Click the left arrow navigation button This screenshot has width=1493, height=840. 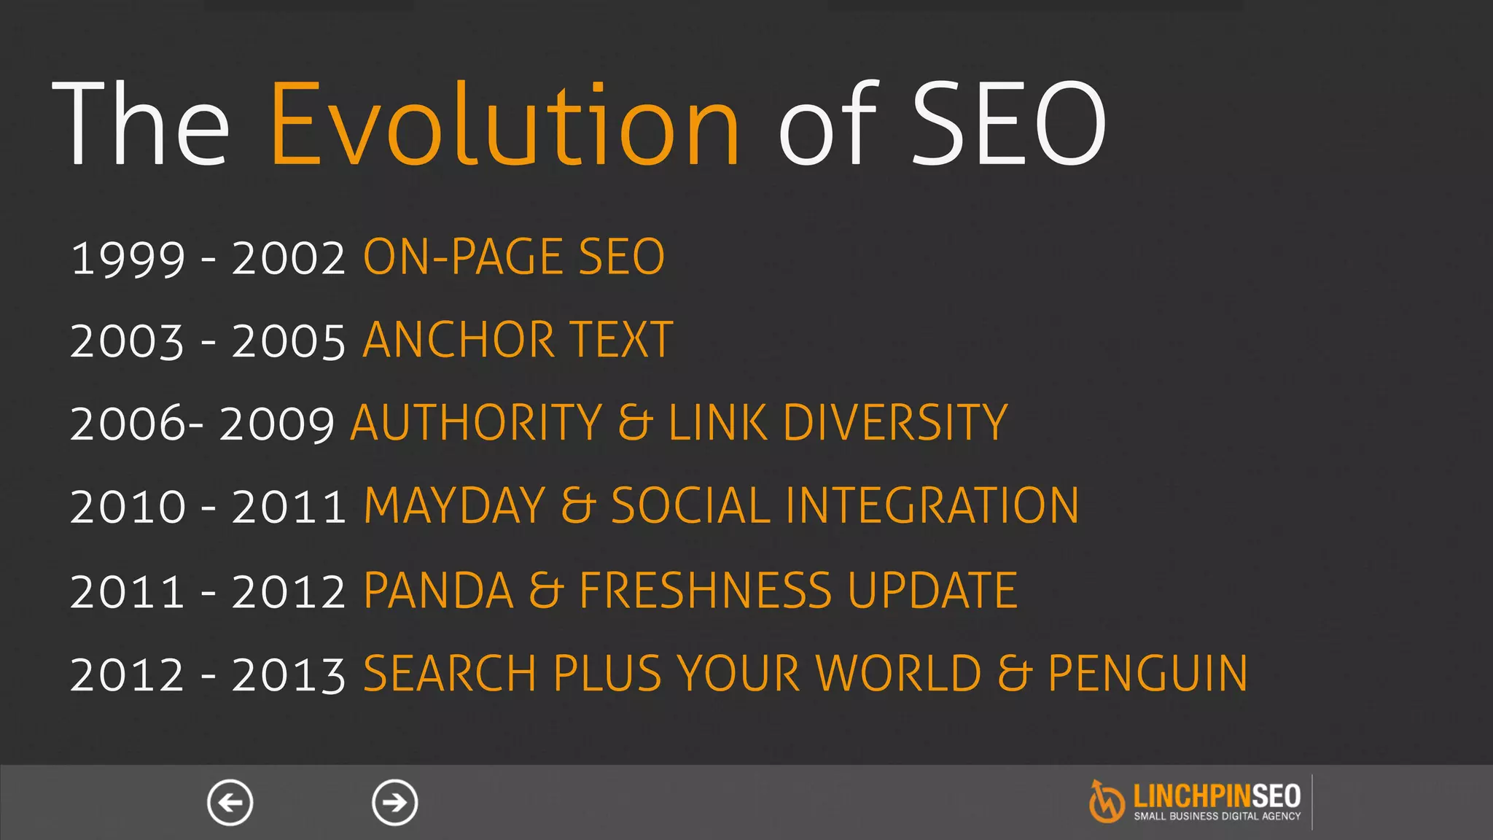tap(230, 803)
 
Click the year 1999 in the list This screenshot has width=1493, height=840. tap(128, 258)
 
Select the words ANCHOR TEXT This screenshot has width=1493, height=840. tap(518, 340)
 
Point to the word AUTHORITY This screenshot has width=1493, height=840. tap(476, 423)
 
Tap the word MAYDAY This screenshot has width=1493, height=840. tap(454, 505)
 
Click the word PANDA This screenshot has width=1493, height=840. tap(438, 590)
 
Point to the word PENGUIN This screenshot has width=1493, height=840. tap(1147, 673)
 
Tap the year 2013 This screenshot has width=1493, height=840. tap(289, 674)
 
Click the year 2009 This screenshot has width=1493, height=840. tap(277, 424)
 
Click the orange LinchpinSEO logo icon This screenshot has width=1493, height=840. tap(1107, 801)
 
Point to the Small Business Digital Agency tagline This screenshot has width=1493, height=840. tap(1217, 816)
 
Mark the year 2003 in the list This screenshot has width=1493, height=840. tap(128, 341)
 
